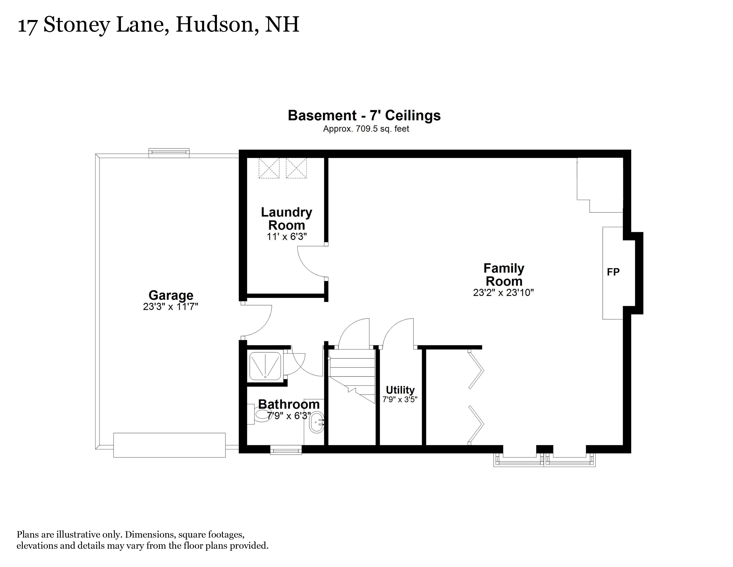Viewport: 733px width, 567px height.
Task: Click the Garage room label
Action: [171, 295]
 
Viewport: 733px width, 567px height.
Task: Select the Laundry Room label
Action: [286, 219]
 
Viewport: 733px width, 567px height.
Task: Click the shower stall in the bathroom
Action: [265, 366]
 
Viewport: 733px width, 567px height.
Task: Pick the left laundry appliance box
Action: [269, 168]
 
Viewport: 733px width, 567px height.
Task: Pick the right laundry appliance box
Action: [296, 168]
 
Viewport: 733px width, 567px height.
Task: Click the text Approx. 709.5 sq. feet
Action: [366, 129]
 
